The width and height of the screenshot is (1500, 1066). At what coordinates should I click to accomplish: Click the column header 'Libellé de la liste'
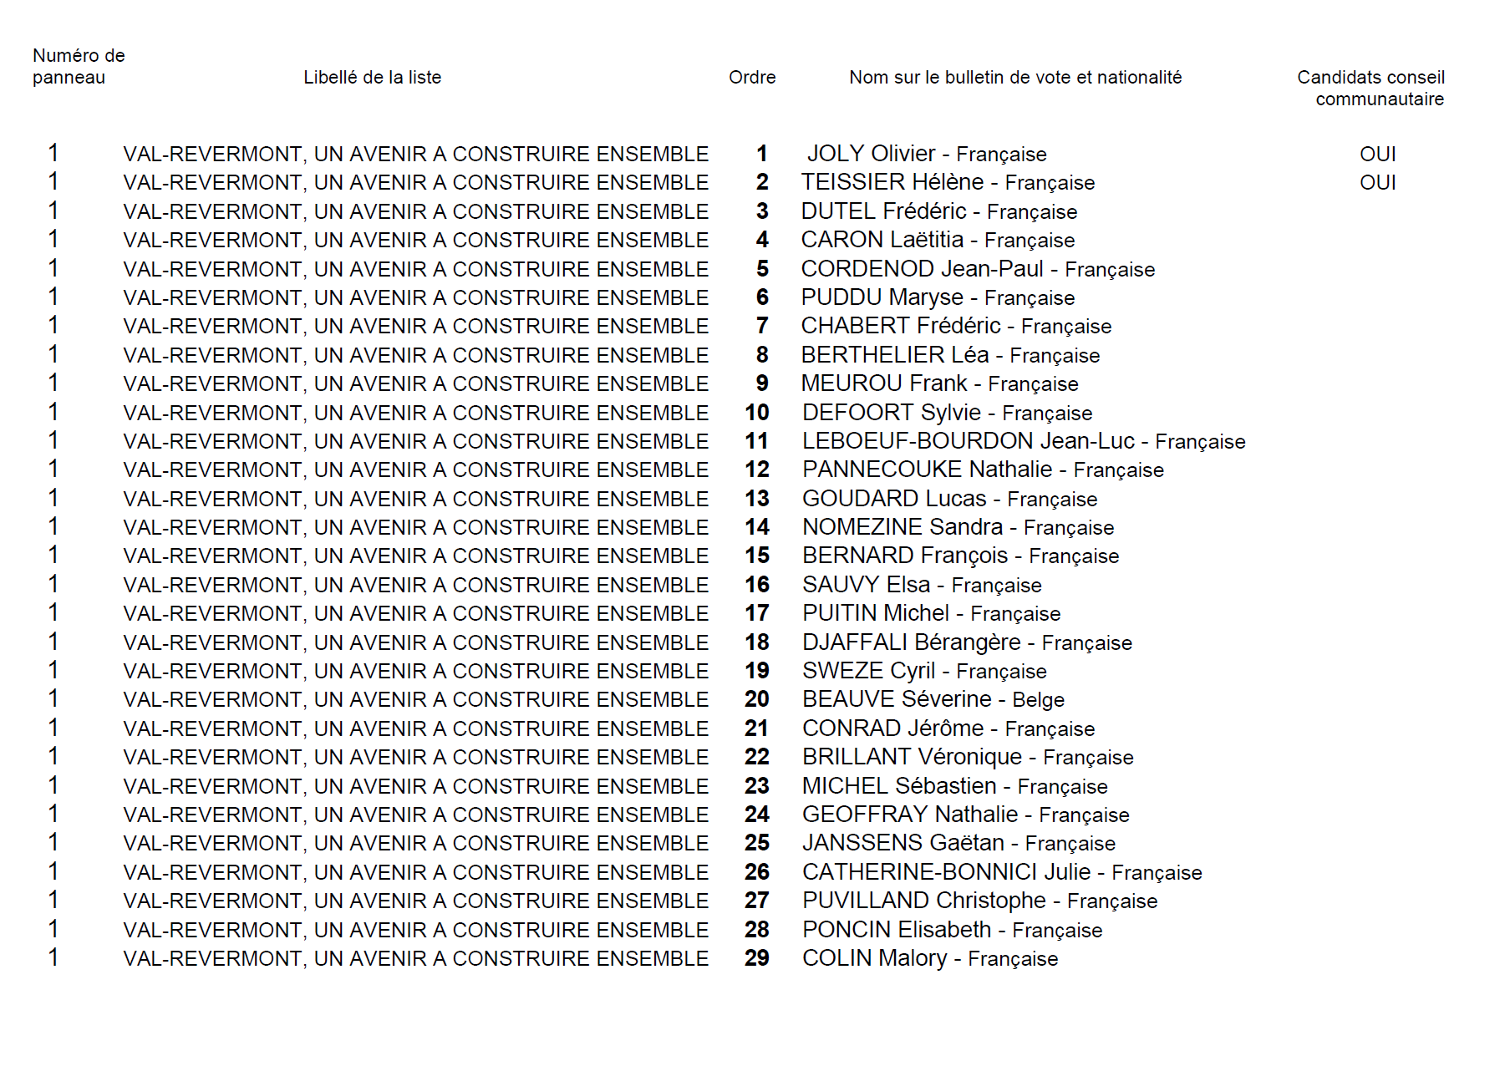[x=372, y=78]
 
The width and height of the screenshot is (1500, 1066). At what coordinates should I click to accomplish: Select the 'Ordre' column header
[x=752, y=78]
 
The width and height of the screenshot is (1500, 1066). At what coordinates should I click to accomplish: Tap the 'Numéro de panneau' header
[x=79, y=67]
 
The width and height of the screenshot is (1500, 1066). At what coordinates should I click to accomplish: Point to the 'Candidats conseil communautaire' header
[x=1370, y=88]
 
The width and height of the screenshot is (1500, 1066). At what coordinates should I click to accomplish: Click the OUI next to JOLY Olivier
[x=1377, y=155]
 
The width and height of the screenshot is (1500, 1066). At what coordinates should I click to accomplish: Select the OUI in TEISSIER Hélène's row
[x=1377, y=183]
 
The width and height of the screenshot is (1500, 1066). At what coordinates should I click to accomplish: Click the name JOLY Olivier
[x=871, y=154]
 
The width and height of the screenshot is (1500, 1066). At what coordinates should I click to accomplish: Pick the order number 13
[x=757, y=499]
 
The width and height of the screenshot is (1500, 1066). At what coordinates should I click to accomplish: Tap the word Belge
[x=1038, y=700]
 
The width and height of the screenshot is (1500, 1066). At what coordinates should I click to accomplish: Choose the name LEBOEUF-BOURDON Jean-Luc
[x=968, y=441]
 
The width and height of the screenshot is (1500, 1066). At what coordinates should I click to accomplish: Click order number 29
[x=757, y=958]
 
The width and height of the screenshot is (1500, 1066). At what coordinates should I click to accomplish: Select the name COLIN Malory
[x=874, y=958]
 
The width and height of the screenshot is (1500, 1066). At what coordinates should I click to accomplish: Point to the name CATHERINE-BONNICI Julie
[x=946, y=872]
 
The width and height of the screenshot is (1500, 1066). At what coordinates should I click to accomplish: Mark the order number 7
[x=761, y=326]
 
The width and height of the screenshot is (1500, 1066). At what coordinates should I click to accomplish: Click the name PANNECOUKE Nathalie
[x=927, y=470]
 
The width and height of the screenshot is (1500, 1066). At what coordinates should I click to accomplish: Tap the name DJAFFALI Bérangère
[x=911, y=642]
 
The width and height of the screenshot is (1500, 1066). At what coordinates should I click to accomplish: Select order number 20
[x=757, y=699]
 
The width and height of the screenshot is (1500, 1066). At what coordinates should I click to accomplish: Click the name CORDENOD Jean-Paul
[x=922, y=269]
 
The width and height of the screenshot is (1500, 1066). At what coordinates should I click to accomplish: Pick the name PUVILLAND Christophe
[x=923, y=901]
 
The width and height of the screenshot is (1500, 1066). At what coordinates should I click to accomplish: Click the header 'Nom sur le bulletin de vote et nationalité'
[x=1015, y=78]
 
